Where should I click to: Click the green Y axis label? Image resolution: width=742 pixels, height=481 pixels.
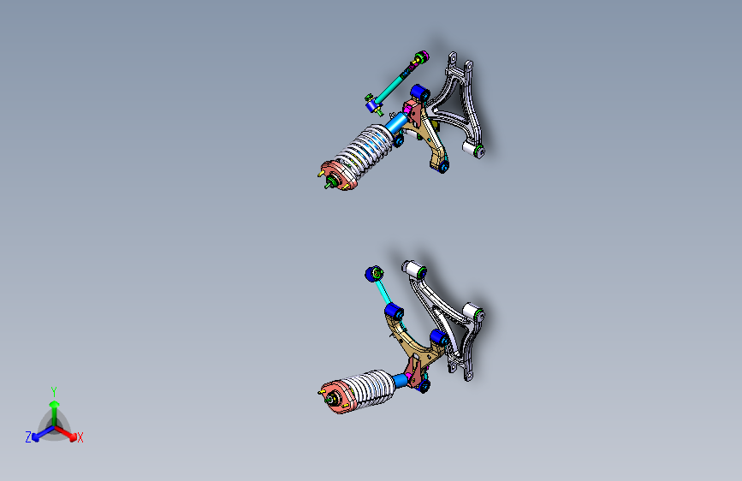[54, 389]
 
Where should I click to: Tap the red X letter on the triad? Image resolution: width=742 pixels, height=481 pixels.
[80, 438]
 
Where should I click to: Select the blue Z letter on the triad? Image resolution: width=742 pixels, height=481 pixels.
[28, 437]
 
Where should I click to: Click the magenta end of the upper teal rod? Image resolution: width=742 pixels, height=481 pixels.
[419, 58]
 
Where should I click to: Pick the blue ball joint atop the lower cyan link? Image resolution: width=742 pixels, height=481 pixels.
[373, 273]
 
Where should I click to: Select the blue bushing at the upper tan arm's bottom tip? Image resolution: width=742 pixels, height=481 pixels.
[442, 165]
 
